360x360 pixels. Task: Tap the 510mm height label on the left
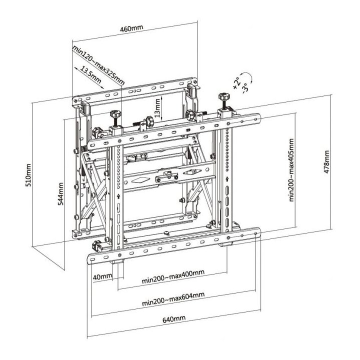click(28, 173)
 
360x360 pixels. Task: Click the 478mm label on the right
click(326, 160)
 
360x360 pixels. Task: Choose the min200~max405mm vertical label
click(290, 170)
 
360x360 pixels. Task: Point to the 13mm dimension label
click(157, 107)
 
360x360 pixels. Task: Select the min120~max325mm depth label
click(98, 65)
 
